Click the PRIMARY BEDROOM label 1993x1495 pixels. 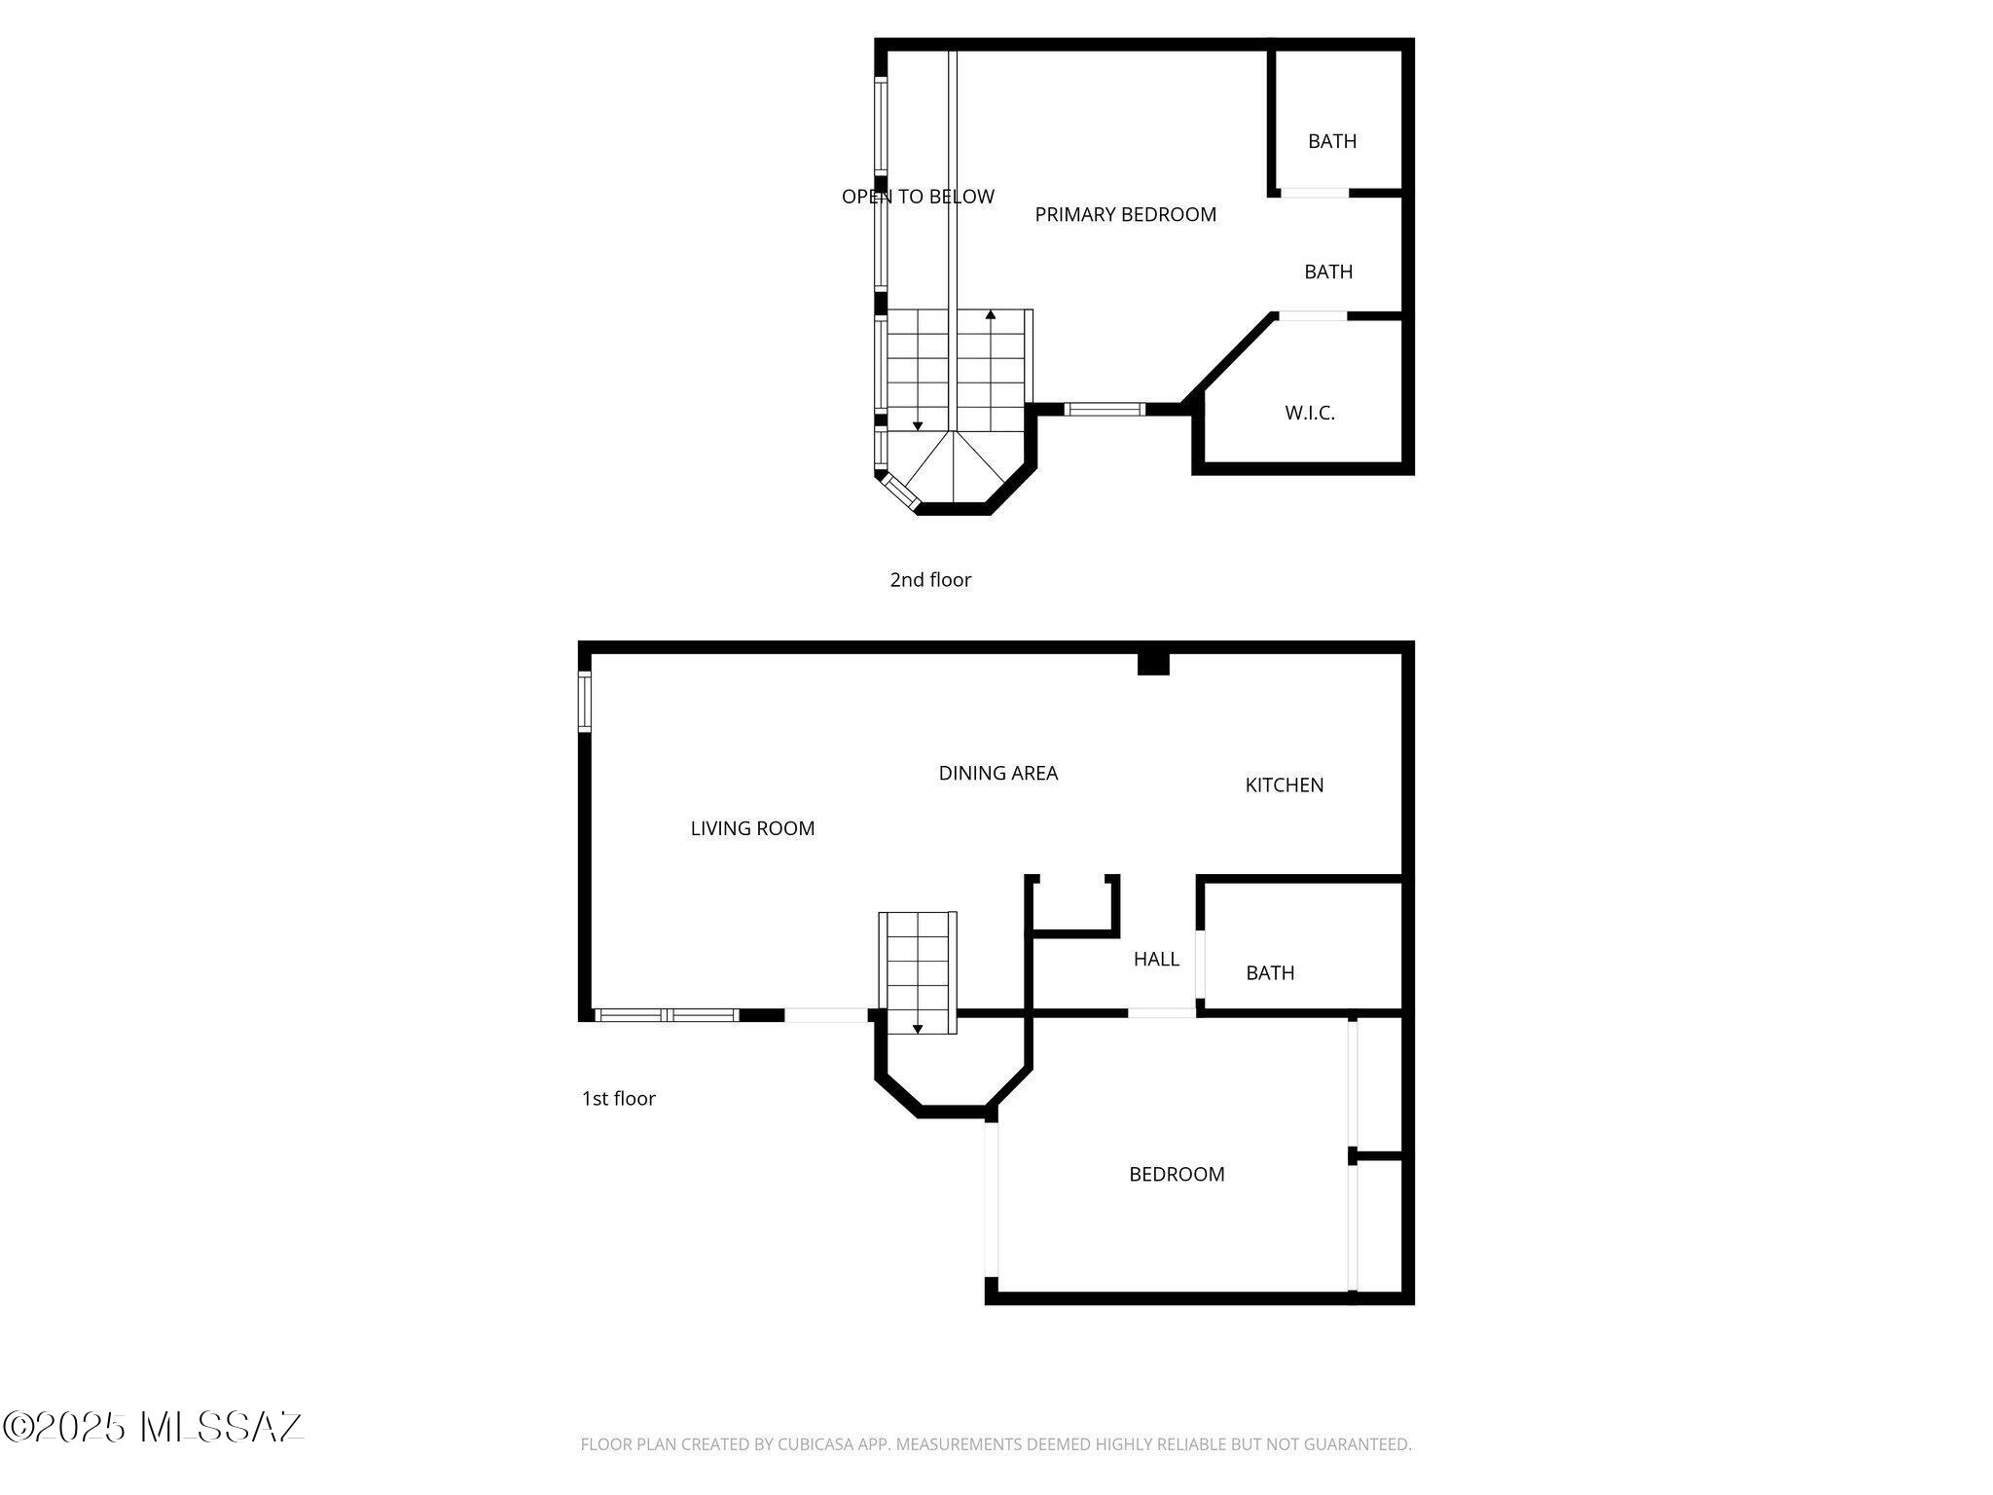tap(1125, 215)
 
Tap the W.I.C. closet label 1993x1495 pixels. tap(1309, 413)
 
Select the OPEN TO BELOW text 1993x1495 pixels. tap(918, 197)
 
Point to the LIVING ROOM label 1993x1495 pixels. tap(752, 828)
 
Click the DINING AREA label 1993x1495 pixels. tap(997, 773)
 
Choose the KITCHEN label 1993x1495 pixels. tap(1284, 784)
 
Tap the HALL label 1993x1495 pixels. tap(1156, 960)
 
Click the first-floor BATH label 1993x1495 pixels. tap(1270, 972)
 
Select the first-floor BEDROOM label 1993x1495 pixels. tap(1177, 1174)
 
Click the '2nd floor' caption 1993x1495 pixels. tap(930, 580)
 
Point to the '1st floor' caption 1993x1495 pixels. tap(618, 1099)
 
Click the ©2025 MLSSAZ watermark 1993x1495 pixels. tap(153, 1427)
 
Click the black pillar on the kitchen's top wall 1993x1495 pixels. tap(1153, 664)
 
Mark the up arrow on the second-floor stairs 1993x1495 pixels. tap(991, 314)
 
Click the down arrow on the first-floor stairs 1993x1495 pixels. tap(917, 1028)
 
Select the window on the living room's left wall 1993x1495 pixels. tap(585, 702)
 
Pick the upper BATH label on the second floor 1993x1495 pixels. tap(1331, 141)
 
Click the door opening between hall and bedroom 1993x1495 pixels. tap(1161, 1013)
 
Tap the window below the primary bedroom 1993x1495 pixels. tap(1105, 409)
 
